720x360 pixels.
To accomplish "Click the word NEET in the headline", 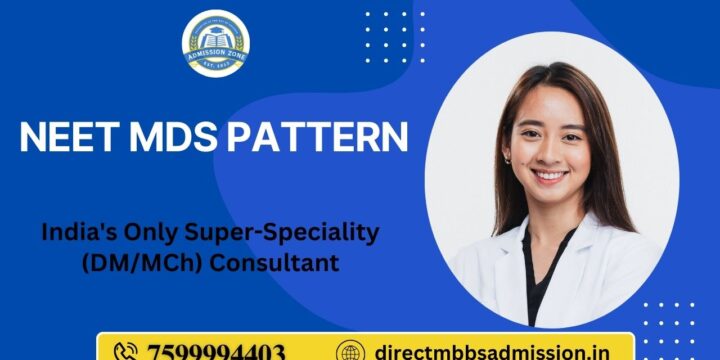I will point(67,137).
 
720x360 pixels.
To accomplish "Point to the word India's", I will point(78,232).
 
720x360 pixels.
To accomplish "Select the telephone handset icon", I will point(127,352).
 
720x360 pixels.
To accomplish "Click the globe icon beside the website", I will point(350,352).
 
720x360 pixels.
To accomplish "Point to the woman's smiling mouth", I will point(549,174).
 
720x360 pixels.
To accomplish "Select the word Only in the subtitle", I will point(142,232).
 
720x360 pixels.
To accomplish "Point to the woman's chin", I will point(551,194).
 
